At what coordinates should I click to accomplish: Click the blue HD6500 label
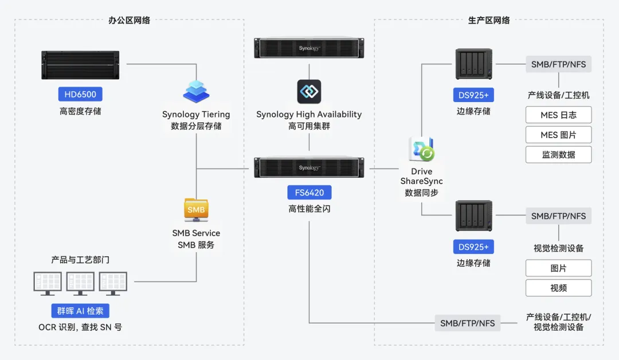click(x=81, y=95)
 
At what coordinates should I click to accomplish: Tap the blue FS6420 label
click(x=309, y=193)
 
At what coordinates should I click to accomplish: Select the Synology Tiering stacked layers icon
click(x=196, y=92)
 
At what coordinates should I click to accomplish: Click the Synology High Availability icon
click(x=309, y=92)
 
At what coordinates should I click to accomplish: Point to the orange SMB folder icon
click(x=196, y=210)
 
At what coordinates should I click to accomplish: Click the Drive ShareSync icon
click(x=422, y=149)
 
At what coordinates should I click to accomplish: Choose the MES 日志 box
click(x=559, y=115)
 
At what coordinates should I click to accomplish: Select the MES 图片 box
click(x=559, y=135)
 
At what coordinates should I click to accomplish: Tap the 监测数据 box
click(x=559, y=154)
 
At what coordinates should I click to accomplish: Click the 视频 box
click(x=559, y=288)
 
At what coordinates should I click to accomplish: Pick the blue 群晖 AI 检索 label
click(x=80, y=311)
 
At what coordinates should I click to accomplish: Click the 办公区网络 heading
click(x=129, y=20)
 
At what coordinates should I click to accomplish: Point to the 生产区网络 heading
click(x=489, y=20)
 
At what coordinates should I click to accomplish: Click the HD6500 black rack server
click(x=80, y=65)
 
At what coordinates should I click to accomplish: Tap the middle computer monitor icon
click(x=80, y=283)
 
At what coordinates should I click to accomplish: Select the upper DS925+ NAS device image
click(x=474, y=64)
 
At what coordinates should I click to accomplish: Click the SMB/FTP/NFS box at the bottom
click(x=468, y=323)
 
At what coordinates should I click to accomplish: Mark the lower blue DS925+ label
click(x=474, y=246)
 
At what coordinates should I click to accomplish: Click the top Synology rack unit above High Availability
click(x=309, y=48)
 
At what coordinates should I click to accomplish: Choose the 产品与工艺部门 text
click(x=80, y=260)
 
